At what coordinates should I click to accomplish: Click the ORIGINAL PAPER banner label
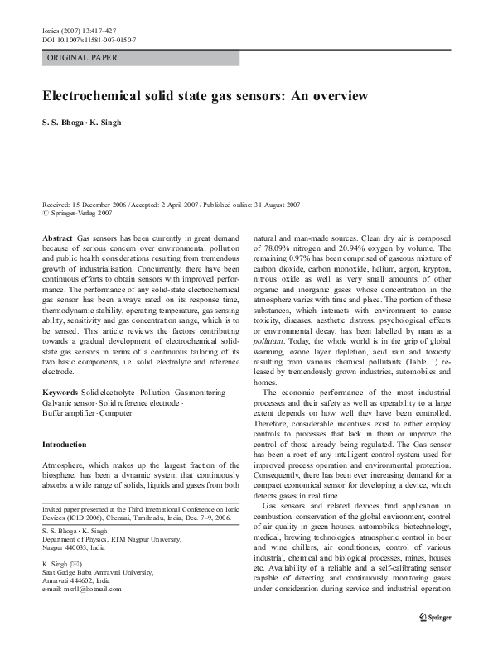[x=82, y=58]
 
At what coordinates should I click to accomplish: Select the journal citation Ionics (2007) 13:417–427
[x=83, y=30]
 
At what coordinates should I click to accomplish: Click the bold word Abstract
[x=57, y=238]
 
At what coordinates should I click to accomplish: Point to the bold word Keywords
[x=60, y=389]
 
